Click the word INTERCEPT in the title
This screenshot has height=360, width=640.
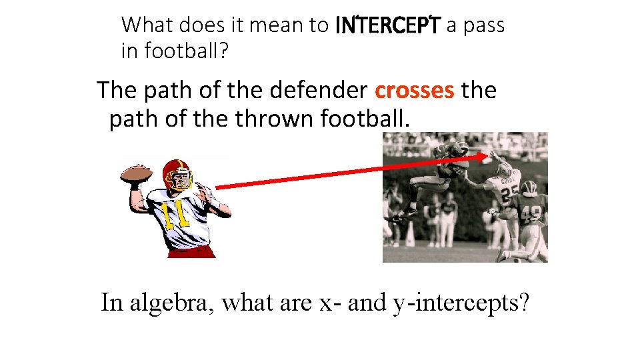pos(387,26)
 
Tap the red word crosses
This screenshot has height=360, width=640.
pos(414,90)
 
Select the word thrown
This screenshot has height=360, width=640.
pos(275,119)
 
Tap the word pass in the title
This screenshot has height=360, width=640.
pos(481,26)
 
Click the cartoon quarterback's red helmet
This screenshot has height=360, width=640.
pos(176,172)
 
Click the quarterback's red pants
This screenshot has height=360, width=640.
pos(192,251)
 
